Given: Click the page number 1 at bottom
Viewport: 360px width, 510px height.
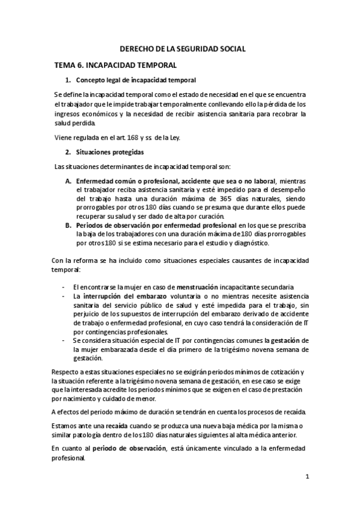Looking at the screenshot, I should click(x=307, y=478).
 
